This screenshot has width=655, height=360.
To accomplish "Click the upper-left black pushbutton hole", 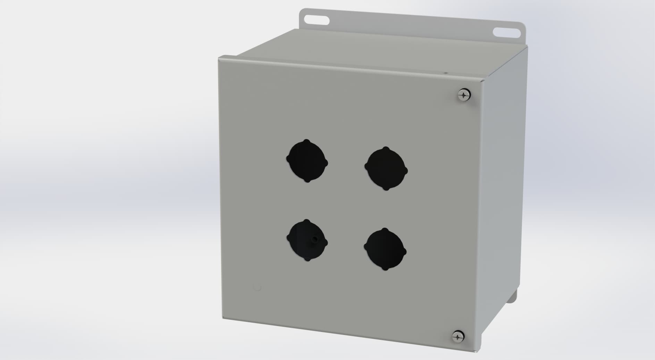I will pyautogui.click(x=307, y=161).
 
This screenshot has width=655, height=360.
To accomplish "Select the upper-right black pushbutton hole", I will pyautogui.click(x=386, y=169).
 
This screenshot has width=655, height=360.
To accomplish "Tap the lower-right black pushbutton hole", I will pyautogui.click(x=385, y=249).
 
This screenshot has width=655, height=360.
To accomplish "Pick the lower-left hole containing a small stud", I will pyautogui.click(x=307, y=240).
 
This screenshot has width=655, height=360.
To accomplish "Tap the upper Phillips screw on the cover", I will pyautogui.click(x=463, y=94).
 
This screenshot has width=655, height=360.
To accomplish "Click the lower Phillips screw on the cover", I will pyautogui.click(x=458, y=336).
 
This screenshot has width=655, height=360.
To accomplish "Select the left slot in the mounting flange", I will pyautogui.click(x=317, y=19).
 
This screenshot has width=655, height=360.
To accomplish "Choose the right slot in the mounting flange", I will pyautogui.click(x=507, y=33).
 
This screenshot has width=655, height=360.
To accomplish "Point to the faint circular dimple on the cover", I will pyautogui.click(x=257, y=287).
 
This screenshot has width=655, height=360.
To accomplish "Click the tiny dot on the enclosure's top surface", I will pyautogui.click(x=446, y=73).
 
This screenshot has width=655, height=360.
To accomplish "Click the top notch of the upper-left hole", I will pyautogui.click(x=306, y=141).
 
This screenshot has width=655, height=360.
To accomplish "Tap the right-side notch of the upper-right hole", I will pyautogui.click(x=406, y=170).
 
